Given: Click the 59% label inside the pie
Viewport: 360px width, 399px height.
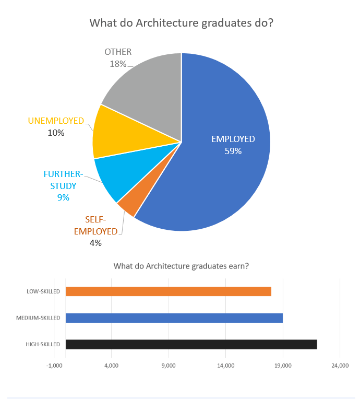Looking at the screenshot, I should [233, 151].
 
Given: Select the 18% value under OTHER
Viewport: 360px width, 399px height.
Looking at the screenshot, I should [118, 64].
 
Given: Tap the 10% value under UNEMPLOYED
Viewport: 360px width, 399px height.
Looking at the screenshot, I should [56, 133].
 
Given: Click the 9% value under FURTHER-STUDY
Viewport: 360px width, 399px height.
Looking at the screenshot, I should [63, 197].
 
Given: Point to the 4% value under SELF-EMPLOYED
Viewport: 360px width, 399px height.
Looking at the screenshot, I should [95, 243].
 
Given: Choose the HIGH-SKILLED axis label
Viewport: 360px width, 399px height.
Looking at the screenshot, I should [43, 344].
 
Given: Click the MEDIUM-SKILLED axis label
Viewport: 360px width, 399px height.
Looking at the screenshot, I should [38, 318].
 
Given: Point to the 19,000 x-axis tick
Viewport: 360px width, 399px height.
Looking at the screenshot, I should [283, 366].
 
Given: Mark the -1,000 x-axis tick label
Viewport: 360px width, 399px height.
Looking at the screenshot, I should [54, 366].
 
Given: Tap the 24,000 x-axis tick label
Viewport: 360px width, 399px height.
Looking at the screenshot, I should [340, 366].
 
